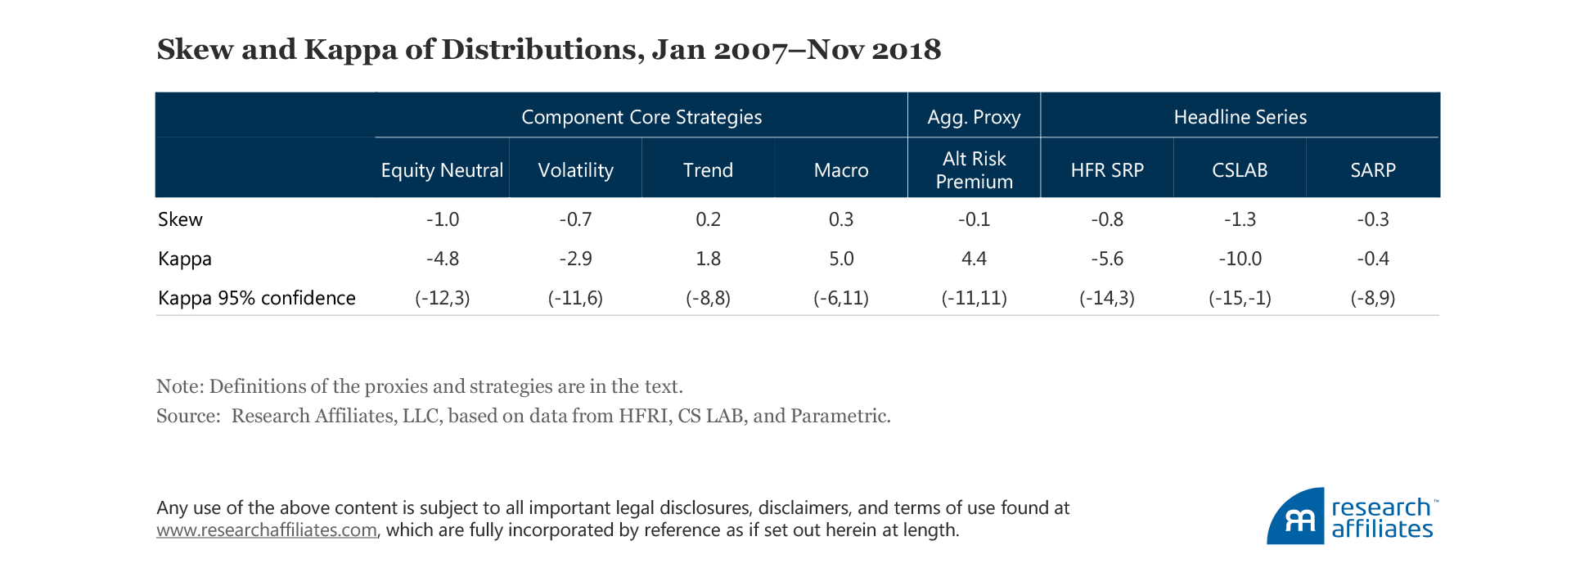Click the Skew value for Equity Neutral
(x=443, y=219)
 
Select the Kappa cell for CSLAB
(x=1240, y=259)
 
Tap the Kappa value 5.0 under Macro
(x=841, y=259)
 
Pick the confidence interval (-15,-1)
(x=1240, y=298)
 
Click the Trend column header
(x=708, y=170)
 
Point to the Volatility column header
(x=575, y=170)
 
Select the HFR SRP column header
(x=1107, y=170)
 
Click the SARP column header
(x=1373, y=170)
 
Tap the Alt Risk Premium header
(x=974, y=170)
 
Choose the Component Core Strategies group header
(x=641, y=117)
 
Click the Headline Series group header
(x=1240, y=117)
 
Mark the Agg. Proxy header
(x=974, y=117)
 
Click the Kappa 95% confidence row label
(x=257, y=298)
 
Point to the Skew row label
(x=180, y=219)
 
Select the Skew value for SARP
(x=1373, y=219)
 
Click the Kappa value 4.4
(x=974, y=259)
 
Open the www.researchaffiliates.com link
(x=267, y=530)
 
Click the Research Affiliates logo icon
(x=1297, y=518)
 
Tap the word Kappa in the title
(x=349, y=50)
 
